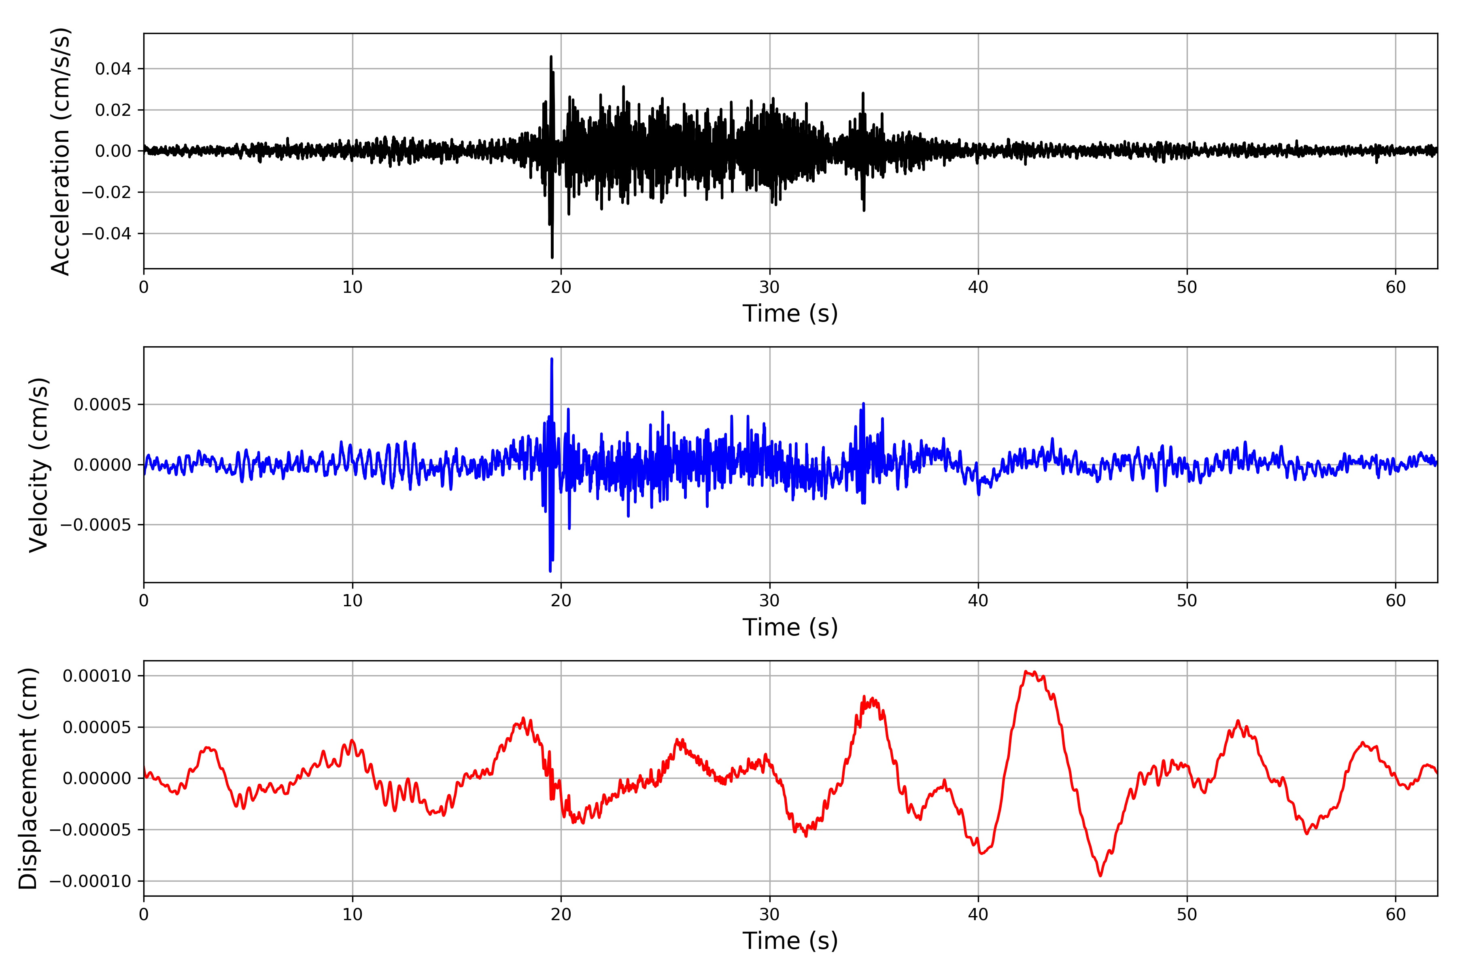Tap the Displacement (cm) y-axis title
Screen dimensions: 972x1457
tap(28, 778)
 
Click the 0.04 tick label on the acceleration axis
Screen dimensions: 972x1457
tap(113, 69)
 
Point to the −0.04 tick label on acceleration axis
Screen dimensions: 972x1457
tap(106, 234)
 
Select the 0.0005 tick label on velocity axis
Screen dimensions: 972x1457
tap(103, 405)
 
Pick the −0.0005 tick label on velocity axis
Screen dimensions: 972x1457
tap(96, 525)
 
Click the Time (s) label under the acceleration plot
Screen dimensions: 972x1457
tap(790, 313)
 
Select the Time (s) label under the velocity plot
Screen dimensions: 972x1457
tap(790, 627)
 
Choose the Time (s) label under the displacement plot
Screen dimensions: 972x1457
tap(790, 941)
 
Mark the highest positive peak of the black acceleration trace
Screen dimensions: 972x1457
tap(551, 56)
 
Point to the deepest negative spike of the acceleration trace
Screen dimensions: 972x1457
tap(552, 257)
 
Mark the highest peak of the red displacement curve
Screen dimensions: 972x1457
tap(1026, 671)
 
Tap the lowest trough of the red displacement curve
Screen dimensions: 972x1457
tap(1100, 876)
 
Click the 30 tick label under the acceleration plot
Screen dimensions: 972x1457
tap(769, 288)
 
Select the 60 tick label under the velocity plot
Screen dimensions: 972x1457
tap(1395, 601)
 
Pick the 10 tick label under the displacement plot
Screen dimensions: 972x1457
tap(353, 914)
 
